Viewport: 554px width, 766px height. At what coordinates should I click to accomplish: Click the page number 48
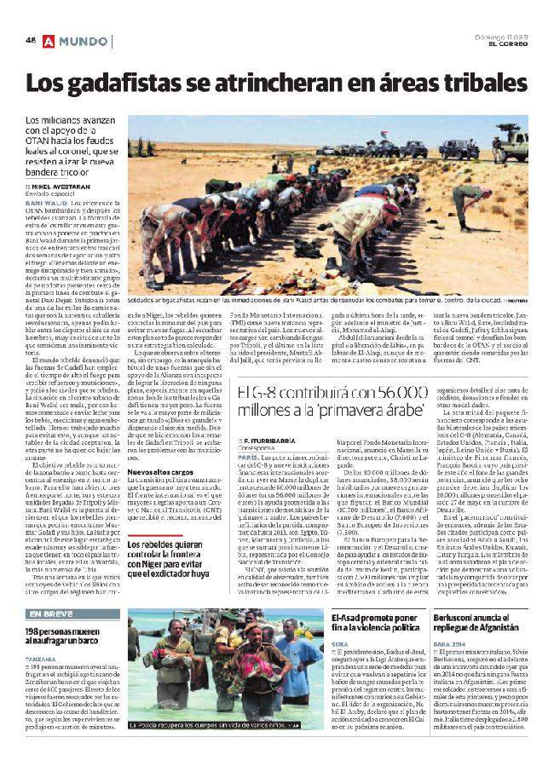coord(30,40)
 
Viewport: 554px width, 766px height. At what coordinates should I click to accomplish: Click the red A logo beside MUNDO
coord(49,41)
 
